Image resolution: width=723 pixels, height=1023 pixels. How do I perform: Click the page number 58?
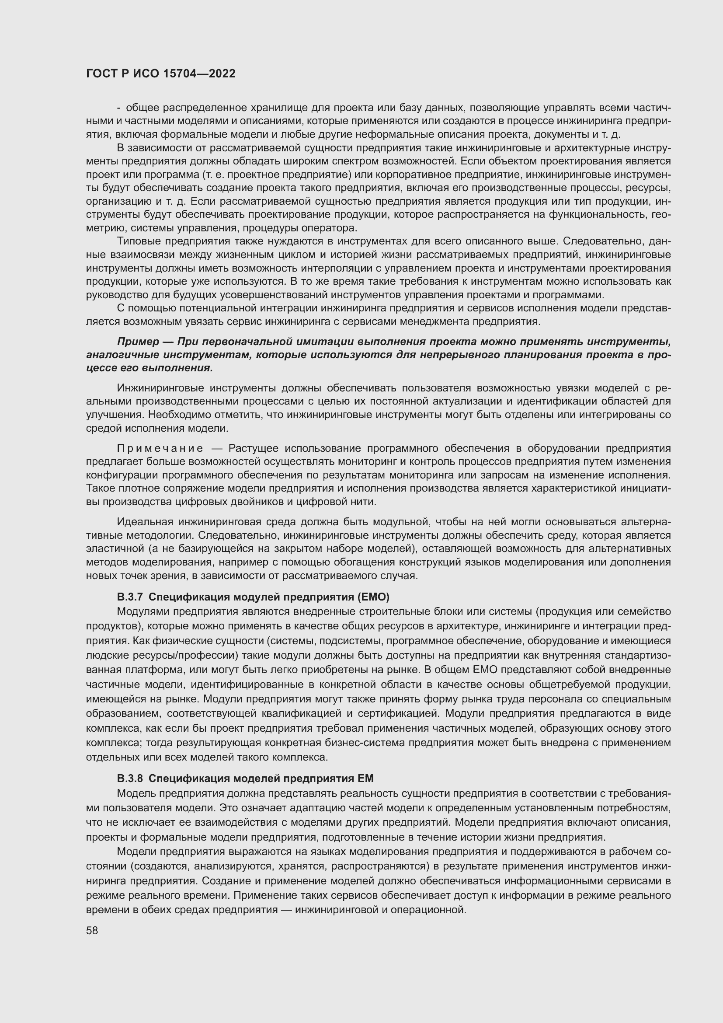[x=92, y=930]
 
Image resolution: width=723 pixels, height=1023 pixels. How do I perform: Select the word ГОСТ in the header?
[x=101, y=74]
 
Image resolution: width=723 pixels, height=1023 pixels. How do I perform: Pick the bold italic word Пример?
[x=138, y=342]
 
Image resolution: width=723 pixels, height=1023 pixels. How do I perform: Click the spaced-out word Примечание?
[x=160, y=448]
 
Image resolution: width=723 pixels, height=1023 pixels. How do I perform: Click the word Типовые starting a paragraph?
[x=139, y=241]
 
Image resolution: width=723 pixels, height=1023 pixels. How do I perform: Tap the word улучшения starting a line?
[x=115, y=415]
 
